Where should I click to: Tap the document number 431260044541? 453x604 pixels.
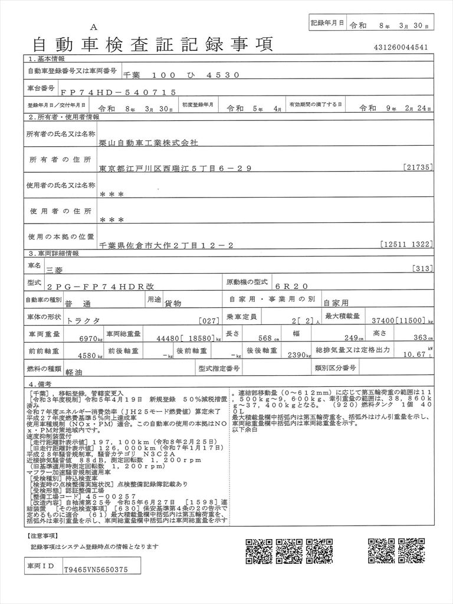(x=401, y=47)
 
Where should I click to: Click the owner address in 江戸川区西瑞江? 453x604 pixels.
(x=176, y=168)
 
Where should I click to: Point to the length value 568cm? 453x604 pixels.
(x=270, y=339)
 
